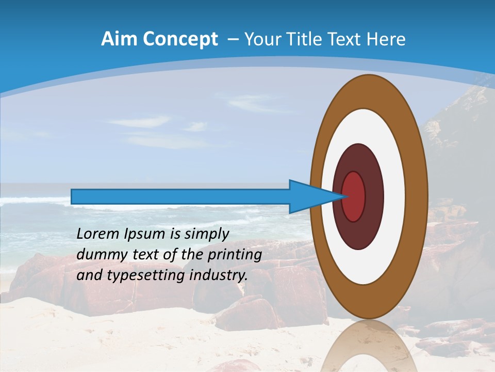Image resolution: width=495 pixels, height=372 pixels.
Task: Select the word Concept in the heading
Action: click(180, 39)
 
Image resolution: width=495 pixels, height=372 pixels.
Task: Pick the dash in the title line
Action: click(233, 39)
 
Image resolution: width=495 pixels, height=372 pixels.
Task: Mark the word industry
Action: click(219, 275)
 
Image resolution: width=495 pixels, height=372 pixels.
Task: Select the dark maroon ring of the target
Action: click(374, 197)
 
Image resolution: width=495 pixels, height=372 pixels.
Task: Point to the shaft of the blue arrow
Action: click(180, 197)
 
